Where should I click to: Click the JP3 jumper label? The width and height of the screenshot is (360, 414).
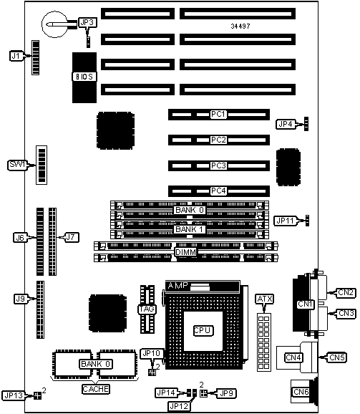(x=87, y=22)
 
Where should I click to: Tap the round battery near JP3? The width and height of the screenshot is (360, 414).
(x=54, y=24)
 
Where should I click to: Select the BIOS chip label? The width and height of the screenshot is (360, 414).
(x=84, y=77)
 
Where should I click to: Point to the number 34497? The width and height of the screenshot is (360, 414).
(x=240, y=26)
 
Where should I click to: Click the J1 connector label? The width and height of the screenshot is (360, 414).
(x=16, y=56)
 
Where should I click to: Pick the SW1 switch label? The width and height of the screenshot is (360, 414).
(x=17, y=165)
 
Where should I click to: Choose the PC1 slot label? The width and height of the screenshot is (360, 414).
(x=218, y=115)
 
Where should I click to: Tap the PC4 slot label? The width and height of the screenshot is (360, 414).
(x=218, y=191)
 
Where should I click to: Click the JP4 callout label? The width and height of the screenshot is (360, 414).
(x=286, y=124)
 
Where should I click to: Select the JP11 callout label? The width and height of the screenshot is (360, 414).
(x=286, y=221)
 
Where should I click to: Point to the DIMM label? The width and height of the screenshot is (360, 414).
(x=185, y=252)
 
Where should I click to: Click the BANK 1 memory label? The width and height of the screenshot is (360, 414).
(x=190, y=229)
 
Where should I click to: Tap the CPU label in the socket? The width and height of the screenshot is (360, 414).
(x=203, y=331)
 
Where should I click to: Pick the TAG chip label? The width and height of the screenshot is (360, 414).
(x=147, y=309)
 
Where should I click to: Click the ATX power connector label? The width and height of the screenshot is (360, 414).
(x=265, y=299)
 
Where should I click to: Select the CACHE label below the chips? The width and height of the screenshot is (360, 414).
(x=95, y=389)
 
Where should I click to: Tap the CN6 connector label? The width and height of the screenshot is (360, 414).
(x=301, y=392)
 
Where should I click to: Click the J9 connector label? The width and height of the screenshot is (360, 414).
(x=21, y=299)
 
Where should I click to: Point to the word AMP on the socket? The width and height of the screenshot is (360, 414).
(x=178, y=285)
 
